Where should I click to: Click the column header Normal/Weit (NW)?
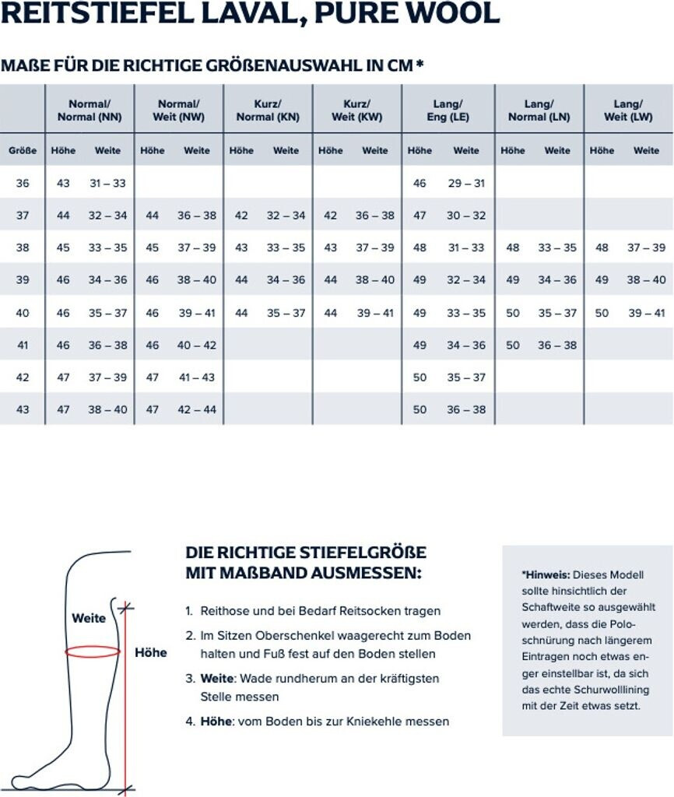pos(179,111)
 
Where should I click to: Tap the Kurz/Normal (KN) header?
pos(268,111)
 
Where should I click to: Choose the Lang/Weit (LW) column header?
pos(627,111)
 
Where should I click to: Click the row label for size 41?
pos(23,345)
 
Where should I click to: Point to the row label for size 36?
pos(23,183)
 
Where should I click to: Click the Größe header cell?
pos(23,150)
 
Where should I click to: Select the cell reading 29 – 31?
pos(466,183)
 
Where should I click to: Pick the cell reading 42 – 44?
pos(197,409)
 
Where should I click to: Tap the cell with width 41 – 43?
pos(197,377)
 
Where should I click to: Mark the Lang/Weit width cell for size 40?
pos(646,313)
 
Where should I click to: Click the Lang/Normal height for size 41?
pos(513,345)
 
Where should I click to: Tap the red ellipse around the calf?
pos(93,651)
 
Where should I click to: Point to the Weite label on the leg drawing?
pos(89,619)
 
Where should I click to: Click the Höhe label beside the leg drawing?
pos(151,652)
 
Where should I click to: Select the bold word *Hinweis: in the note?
pos(546,574)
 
